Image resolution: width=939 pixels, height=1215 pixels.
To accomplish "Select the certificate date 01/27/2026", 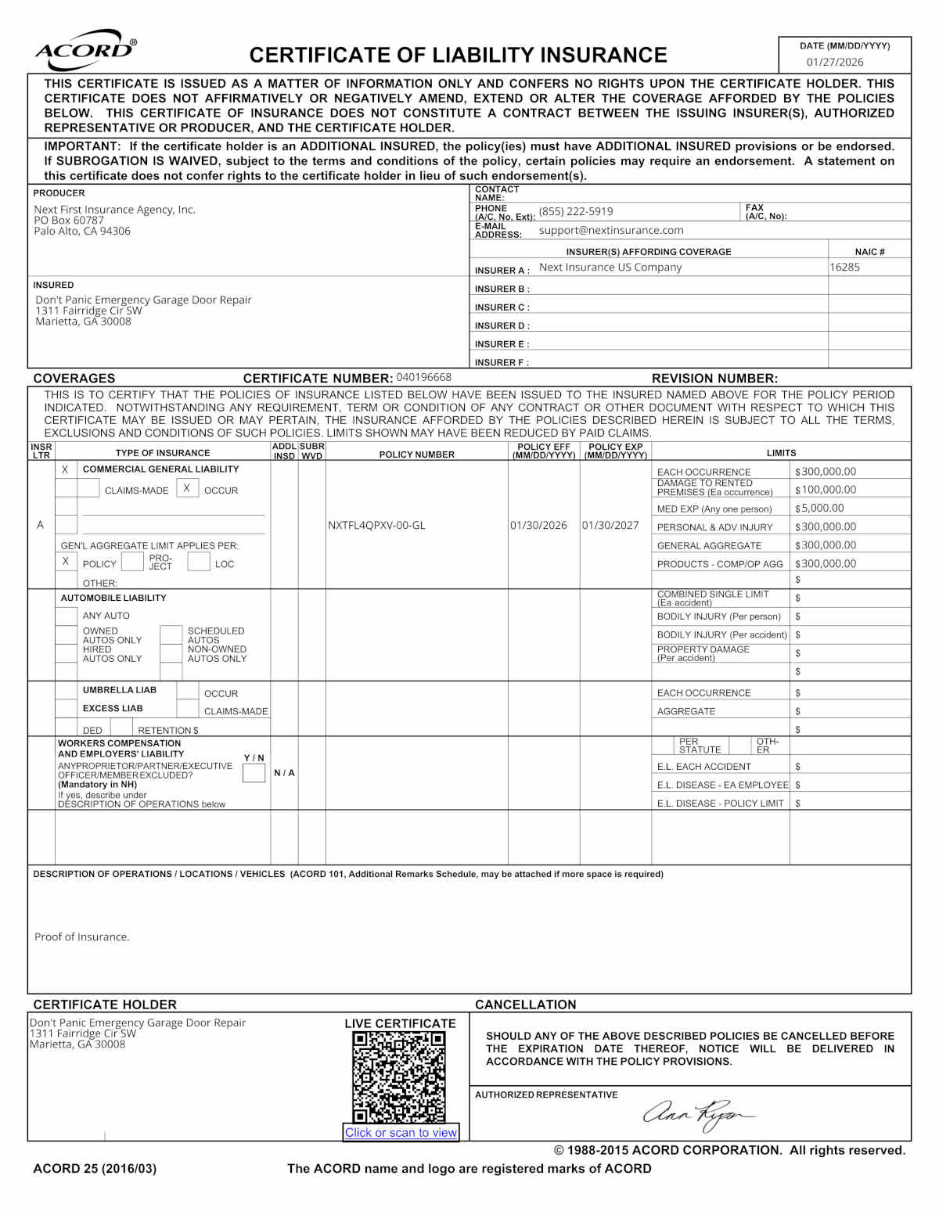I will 835,63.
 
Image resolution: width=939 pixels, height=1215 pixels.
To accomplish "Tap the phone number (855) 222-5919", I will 576,211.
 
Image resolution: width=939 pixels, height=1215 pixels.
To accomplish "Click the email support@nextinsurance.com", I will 611,230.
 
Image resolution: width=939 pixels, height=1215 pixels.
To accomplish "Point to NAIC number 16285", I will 844,268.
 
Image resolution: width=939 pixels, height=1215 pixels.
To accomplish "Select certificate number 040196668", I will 423,377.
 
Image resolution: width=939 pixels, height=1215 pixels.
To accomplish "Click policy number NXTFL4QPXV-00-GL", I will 376,525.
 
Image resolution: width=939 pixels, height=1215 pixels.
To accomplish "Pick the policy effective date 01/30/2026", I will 538,525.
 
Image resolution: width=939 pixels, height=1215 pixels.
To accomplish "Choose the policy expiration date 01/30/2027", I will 610,525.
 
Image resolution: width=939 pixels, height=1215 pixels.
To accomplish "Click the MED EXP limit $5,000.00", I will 819,509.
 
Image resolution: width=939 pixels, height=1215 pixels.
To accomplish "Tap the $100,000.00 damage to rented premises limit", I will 826,490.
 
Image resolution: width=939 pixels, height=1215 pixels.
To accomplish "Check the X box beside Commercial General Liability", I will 66,469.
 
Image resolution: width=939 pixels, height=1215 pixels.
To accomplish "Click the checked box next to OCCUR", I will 187,488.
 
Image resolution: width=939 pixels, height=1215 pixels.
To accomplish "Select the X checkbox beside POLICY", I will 66,562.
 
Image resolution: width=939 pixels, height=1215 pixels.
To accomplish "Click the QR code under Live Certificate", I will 399,1077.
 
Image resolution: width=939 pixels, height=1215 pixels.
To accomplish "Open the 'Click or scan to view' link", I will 401,1132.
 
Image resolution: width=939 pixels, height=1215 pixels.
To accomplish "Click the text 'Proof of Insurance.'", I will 82,936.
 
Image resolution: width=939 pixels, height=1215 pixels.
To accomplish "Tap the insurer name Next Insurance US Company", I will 610,268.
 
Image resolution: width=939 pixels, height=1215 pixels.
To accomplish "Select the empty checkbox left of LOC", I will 199,562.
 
